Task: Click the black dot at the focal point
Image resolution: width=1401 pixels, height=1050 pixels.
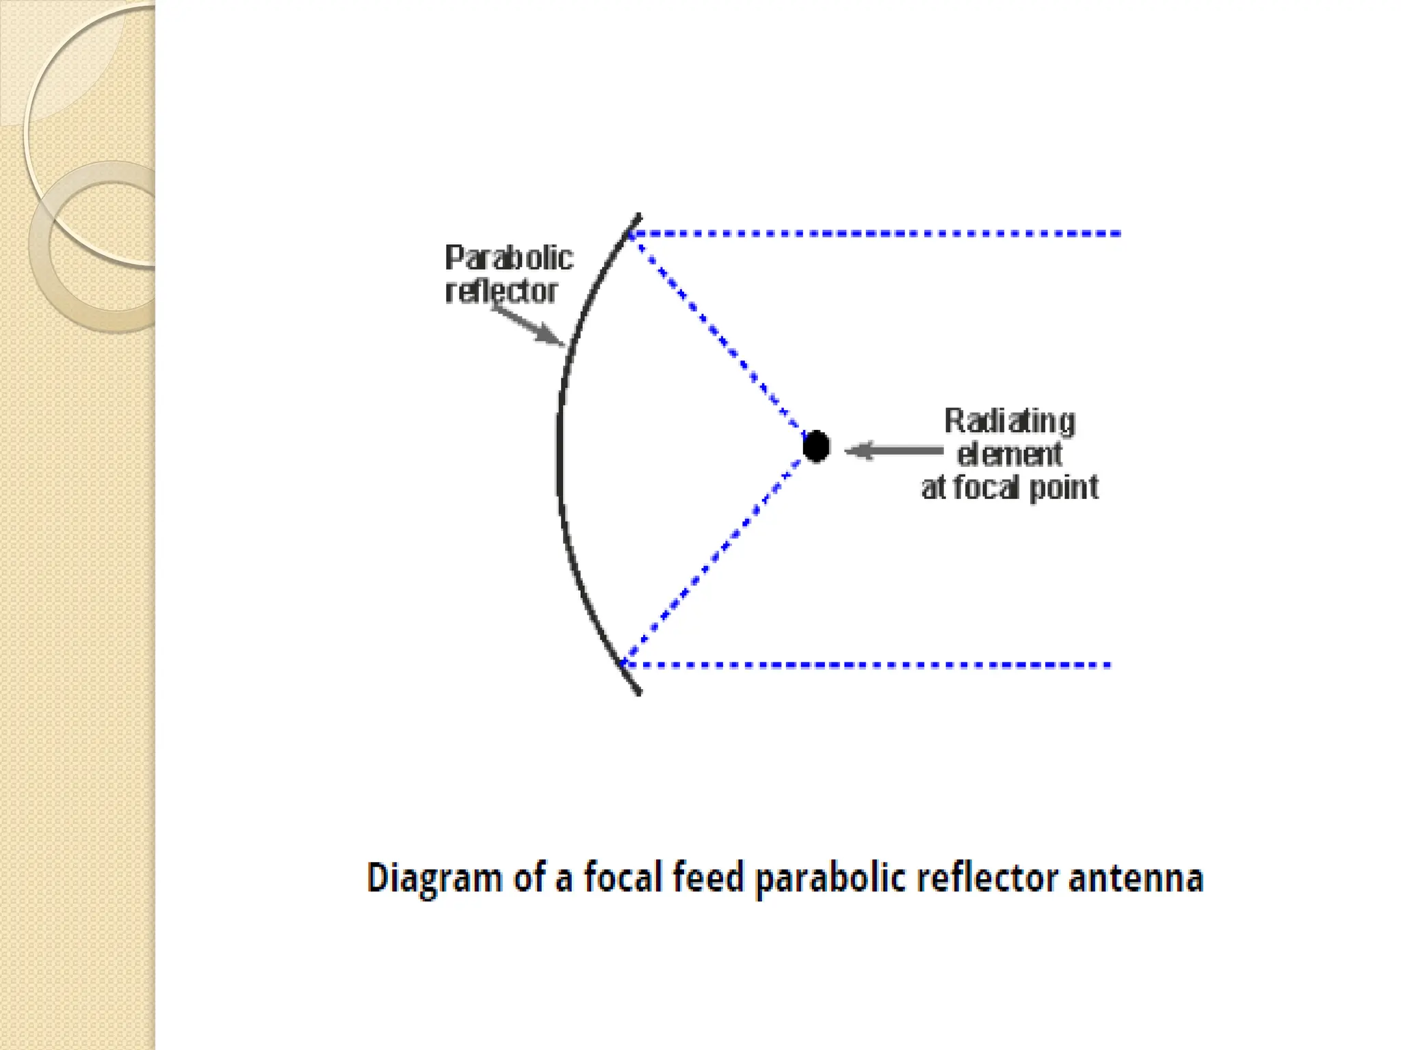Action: coord(816,447)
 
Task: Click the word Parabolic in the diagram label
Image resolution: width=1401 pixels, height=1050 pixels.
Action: coord(509,258)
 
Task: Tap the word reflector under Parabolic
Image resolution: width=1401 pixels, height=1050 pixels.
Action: coord(501,292)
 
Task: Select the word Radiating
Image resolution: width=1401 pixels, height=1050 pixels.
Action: coord(1010,422)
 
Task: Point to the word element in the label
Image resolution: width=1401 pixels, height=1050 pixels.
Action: coord(1010,455)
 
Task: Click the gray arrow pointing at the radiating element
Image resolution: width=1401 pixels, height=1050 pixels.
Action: coord(893,450)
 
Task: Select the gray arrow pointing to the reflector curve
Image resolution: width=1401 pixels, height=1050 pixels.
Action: coord(528,325)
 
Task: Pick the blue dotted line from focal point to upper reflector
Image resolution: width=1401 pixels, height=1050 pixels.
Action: coord(718,335)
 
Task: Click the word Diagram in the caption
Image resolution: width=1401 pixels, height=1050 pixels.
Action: coord(434,878)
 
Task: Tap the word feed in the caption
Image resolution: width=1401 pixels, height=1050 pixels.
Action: coord(708,877)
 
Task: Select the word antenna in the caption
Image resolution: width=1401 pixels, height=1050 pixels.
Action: coord(1136,878)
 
